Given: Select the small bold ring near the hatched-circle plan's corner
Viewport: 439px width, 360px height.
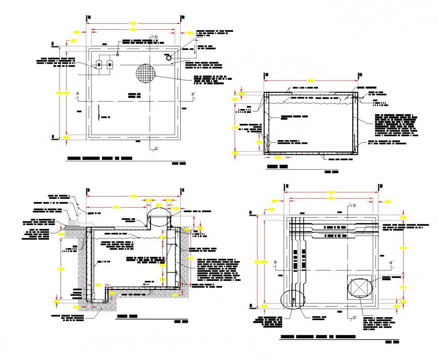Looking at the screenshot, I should pyautogui.click(x=170, y=58).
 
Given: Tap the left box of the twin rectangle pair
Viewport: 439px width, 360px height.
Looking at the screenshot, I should pyautogui.click(x=99, y=65).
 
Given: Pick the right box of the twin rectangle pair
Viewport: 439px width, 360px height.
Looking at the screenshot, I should pyautogui.click(x=109, y=65).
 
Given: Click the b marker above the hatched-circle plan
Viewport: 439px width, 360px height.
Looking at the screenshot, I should pyautogui.click(x=156, y=37).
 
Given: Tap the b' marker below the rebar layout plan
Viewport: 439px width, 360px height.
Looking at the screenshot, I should pyautogui.click(x=354, y=318).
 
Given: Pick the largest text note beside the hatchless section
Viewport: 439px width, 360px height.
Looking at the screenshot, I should pyautogui.click(x=397, y=126).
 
